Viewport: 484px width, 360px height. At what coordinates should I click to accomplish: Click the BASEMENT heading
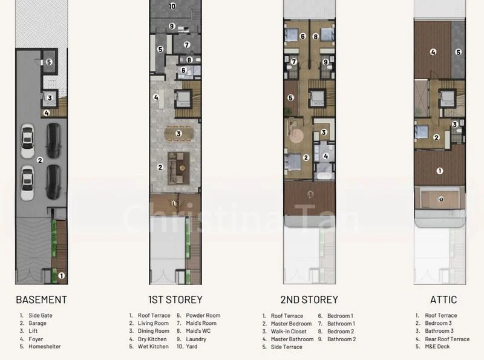[41, 299]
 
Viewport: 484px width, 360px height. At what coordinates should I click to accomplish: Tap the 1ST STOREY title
[175, 299]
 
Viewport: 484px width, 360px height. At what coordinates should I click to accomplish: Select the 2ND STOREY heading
[309, 299]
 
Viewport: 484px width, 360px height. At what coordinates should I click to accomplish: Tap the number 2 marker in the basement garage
[39, 160]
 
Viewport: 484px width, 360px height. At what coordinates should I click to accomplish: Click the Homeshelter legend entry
[44, 347]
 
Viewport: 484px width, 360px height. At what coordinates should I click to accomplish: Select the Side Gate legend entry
[39, 315]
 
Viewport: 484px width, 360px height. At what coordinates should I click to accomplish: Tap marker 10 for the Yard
[172, 6]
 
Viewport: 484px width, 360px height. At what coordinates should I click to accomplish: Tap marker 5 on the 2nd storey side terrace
[291, 97]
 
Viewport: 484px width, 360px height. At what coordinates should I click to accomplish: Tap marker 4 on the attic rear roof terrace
[433, 52]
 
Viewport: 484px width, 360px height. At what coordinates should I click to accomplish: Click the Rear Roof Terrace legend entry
[447, 339]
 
